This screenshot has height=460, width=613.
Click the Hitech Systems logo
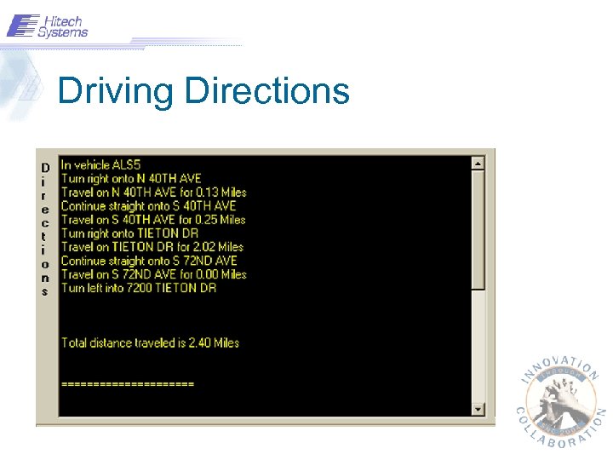48,26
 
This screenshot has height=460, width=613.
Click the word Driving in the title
116,90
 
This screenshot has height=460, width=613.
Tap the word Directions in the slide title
266,90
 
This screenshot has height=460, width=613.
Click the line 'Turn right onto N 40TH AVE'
131,178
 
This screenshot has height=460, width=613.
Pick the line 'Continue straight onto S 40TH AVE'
148,205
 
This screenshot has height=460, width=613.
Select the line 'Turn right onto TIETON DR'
130,233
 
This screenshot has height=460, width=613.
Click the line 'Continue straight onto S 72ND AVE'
149,261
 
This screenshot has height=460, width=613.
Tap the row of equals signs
128,384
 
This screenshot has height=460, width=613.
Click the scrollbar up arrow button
478,163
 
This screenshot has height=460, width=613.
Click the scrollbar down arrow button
478,409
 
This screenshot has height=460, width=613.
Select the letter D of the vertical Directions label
45,167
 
